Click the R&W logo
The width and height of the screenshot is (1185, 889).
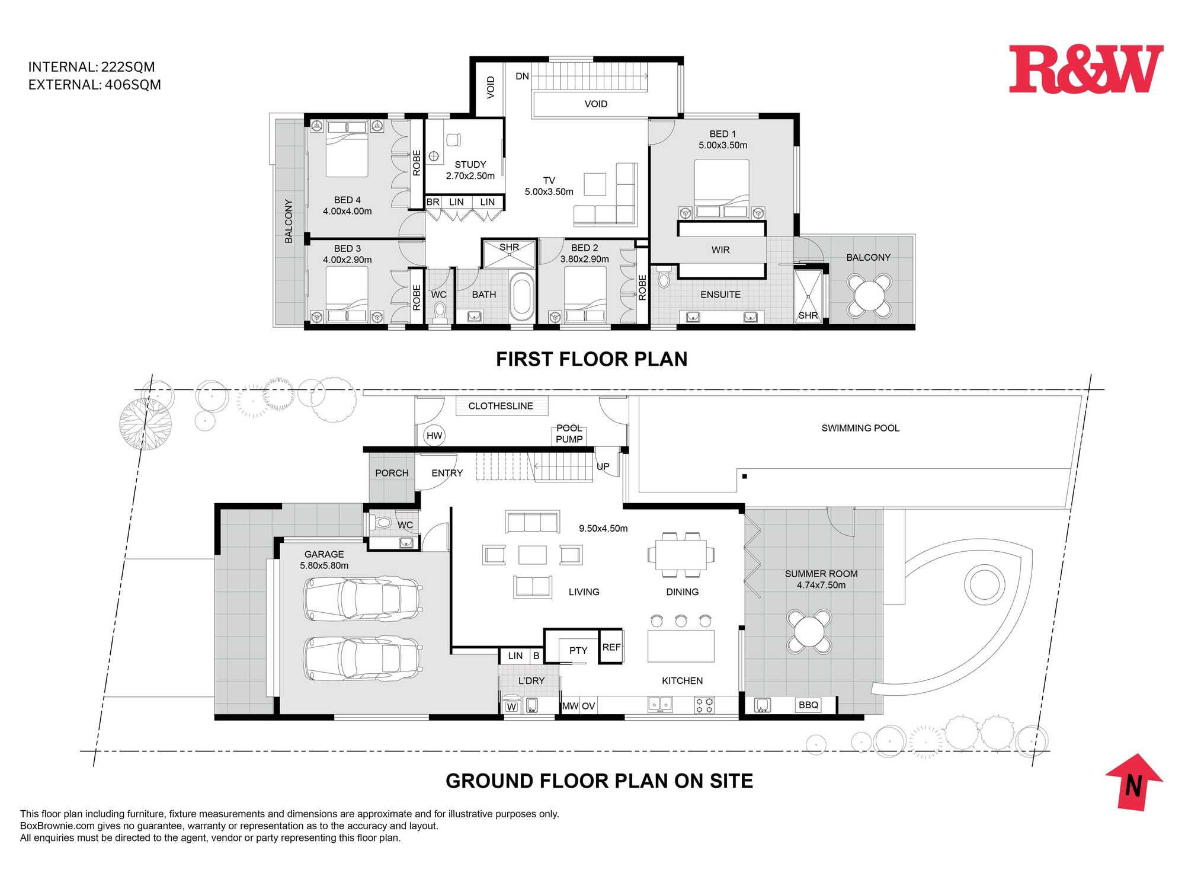(1086, 69)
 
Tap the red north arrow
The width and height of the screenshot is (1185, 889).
(1134, 782)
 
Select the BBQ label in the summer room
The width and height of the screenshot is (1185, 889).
(808, 705)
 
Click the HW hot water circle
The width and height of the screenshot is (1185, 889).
(434, 436)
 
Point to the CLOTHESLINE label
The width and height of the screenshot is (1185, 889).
(501, 406)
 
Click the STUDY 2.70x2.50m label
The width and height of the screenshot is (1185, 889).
(470, 170)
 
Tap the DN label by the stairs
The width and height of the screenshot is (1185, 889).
(522, 76)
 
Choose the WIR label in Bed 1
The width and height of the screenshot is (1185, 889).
(720, 250)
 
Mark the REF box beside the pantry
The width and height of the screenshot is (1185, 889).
(611, 647)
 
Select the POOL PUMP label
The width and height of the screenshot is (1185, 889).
(569, 433)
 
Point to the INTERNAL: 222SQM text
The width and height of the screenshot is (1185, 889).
(91, 67)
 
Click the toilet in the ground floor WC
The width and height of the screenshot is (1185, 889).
(381, 523)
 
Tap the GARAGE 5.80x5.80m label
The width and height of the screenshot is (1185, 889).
(324, 560)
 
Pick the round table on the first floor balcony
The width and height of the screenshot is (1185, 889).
(869, 295)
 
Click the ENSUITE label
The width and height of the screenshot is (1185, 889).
(720, 295)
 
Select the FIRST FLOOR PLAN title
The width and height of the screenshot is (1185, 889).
(591, 359)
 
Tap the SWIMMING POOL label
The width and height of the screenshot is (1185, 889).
(860, 428)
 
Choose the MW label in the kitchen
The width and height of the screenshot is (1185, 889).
(570, 706)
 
